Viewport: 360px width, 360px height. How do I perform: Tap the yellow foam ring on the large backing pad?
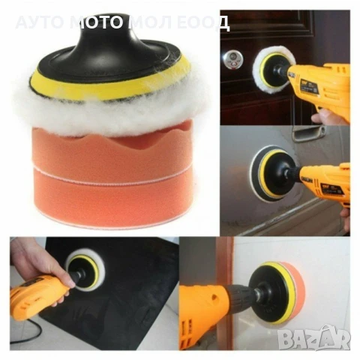110,85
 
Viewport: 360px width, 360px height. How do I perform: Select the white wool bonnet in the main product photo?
109,112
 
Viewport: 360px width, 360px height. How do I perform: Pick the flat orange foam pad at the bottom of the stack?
113,197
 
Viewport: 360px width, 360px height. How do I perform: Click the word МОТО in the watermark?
96,22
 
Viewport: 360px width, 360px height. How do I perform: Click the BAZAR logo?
314,337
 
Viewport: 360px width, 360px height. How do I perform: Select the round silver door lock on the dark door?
233,59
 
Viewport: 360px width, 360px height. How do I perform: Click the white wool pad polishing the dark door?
271,66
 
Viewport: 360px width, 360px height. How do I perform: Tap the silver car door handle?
308,133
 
